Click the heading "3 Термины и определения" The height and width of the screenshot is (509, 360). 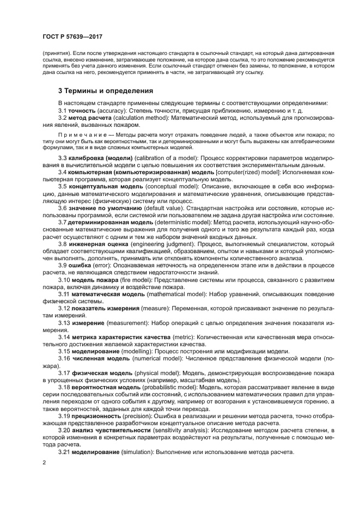click(x=106, y=90)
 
